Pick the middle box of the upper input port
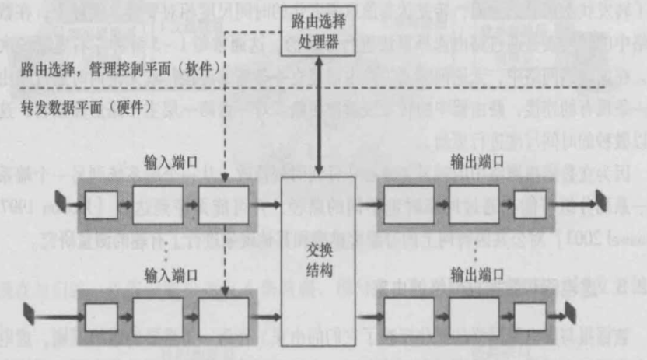(x=159, y=204)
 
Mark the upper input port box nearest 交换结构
(x=224, y=204)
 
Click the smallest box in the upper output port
(x=530, y=204)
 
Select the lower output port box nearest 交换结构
(x=407, y=315)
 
